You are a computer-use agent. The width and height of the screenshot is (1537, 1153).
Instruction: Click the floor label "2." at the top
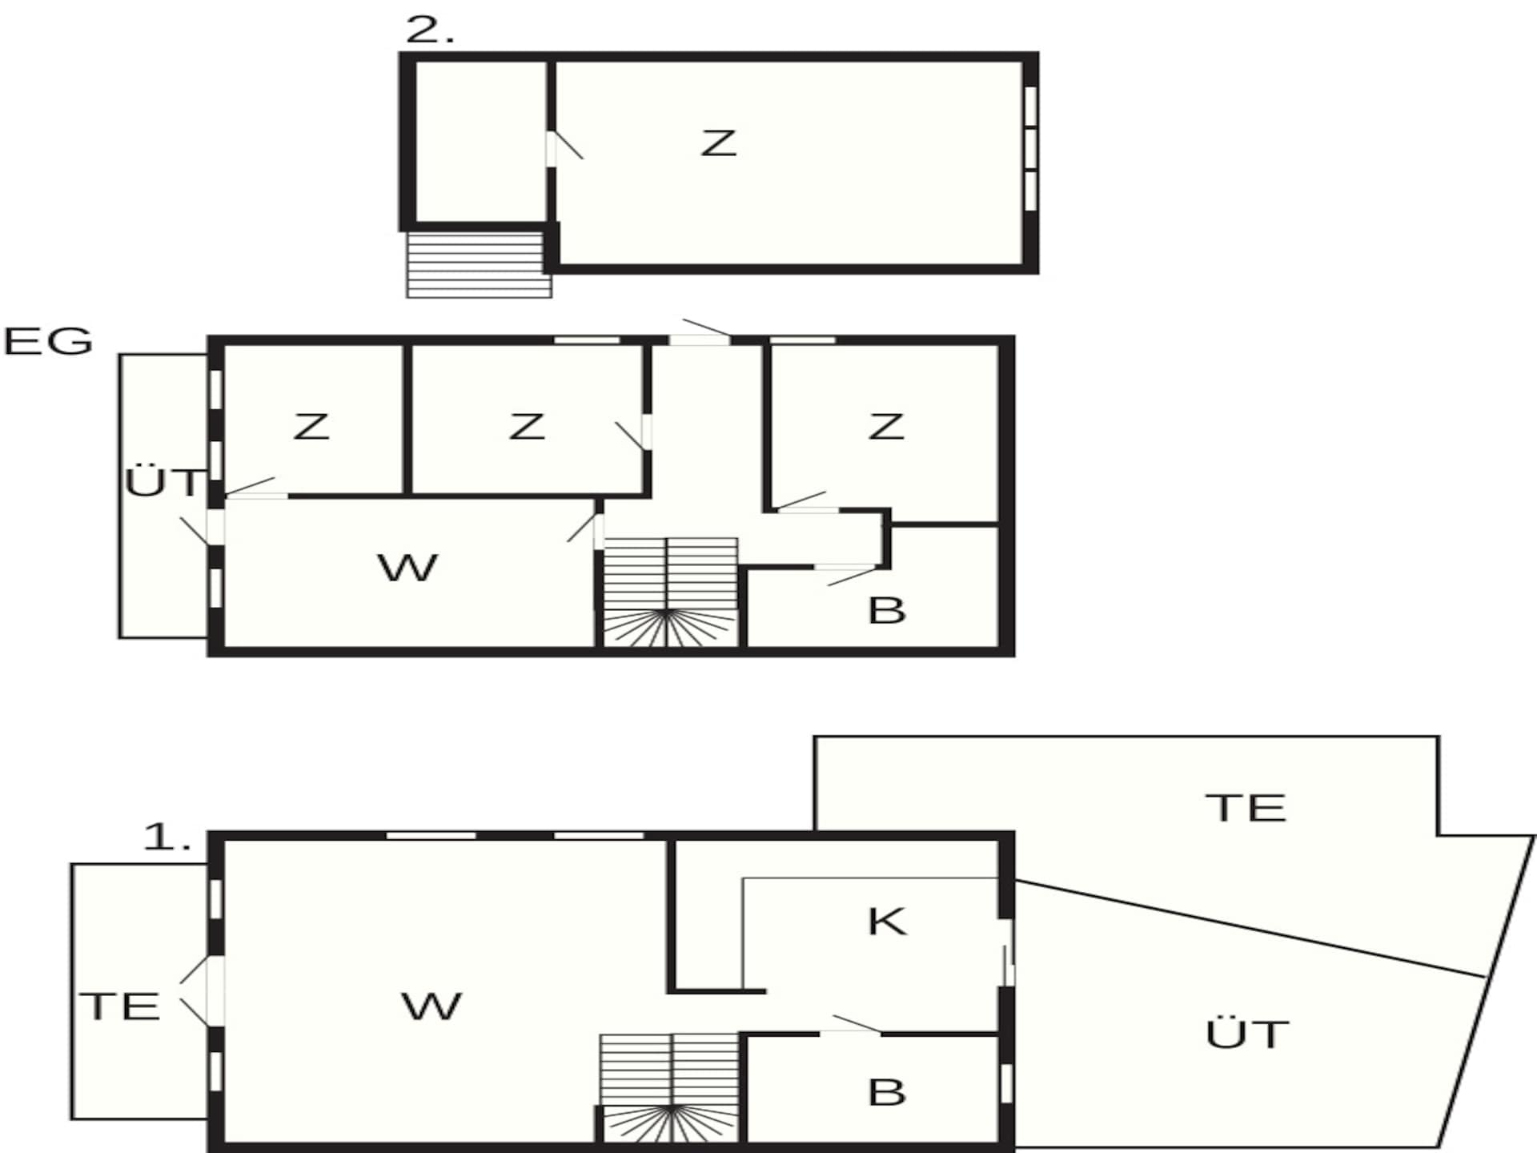(x=430, y=30)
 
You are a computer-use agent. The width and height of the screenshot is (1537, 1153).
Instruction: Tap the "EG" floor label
(x=48, y=342)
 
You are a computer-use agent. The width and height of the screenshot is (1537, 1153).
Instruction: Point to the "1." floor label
(x=167, y=838)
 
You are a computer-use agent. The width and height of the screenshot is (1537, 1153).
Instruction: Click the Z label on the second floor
(x=718, y=143)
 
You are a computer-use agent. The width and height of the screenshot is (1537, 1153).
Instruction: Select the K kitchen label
(x=887, y=922)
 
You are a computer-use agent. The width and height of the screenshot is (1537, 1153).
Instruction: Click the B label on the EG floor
(x=887, y=611)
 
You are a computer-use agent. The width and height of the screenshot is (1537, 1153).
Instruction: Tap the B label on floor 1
(x=887, y=1093)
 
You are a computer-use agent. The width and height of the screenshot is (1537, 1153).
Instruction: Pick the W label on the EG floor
(x=407, y=568)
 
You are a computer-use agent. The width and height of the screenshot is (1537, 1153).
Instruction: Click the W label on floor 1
(x=431, y=1006)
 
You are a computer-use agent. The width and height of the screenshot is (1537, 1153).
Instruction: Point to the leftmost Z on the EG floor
(x=311, y=427)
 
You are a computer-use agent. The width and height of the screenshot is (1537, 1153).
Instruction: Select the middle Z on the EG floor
(x=527, y=427)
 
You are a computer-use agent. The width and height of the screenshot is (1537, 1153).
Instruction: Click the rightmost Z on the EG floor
(x=886, y=427)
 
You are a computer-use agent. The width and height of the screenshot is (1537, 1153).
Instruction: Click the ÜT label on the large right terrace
(x=1247, y=1034)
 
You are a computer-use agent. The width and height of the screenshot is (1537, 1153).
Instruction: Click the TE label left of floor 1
(x=120, y=1006)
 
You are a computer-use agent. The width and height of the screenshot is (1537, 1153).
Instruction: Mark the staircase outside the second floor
(x=479, y=265)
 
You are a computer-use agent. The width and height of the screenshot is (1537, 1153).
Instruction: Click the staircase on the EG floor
(x=670, y=593)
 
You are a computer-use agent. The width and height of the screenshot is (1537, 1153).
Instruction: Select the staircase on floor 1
(x=670, y=1088)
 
